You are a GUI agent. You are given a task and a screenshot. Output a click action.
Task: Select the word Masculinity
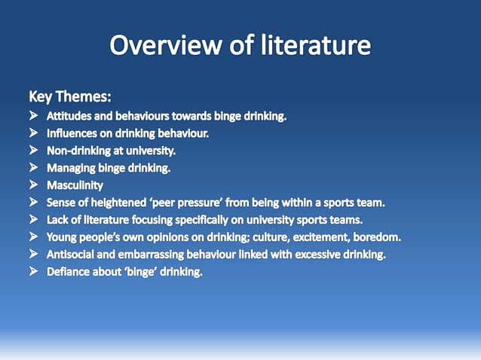[x=75, y=185]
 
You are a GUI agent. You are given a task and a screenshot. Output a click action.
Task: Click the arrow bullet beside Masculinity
[x=35, y=185]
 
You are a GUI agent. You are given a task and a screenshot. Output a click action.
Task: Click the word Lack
[x=58, y=219]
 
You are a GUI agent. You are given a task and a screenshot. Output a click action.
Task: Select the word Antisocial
[x=75, y=254]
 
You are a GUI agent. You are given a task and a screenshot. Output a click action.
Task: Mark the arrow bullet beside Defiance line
[x=35, y=271]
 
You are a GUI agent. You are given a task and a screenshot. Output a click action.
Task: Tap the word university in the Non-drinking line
[x=150, y=151]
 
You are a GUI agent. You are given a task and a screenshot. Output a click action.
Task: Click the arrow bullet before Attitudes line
[x=35, y=116]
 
